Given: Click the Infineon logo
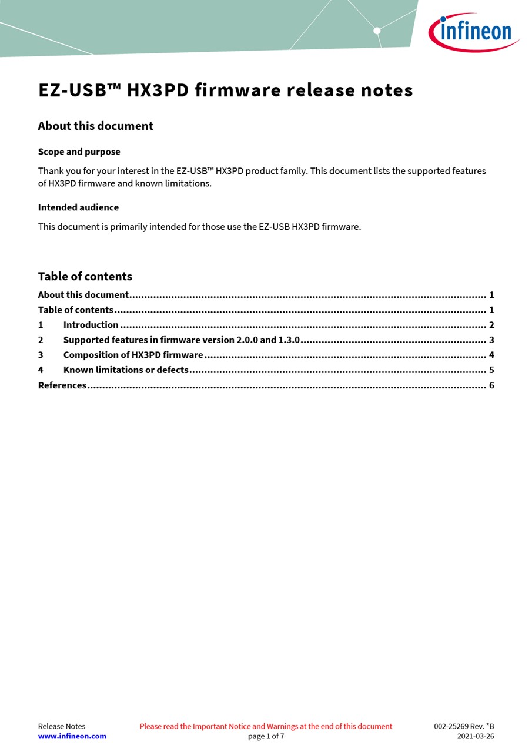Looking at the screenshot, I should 474,32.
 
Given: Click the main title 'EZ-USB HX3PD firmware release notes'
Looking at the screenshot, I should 226,90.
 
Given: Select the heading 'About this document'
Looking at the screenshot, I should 95,126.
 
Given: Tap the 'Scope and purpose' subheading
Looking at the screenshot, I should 79,152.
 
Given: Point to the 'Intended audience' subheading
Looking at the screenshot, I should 78,207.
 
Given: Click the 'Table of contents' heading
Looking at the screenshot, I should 85,276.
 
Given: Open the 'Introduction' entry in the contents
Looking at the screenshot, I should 91,325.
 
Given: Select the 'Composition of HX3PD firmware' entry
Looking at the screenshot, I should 133,355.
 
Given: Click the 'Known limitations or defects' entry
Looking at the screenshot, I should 126,370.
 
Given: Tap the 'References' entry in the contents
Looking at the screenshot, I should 62,385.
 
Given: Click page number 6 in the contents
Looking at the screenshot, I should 491,385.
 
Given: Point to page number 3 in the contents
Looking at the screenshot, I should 491,340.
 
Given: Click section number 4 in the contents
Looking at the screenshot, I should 41,370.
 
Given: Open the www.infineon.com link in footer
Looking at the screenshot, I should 72,736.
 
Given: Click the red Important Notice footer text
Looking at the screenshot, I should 266,726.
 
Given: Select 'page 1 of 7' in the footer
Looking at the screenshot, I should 266,736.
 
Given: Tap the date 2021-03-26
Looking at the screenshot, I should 476,736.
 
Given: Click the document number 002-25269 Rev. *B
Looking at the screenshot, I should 464,726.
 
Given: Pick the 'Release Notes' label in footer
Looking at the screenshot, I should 62,726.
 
